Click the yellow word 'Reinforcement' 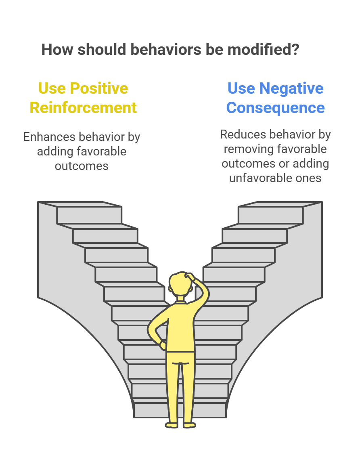tap(83, 108)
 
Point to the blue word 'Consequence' tap(275, 108)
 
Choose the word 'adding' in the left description tap(53, 151)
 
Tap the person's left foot tap(172, 425)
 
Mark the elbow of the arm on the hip tap(151, 328)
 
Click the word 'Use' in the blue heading tap(241, 88)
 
